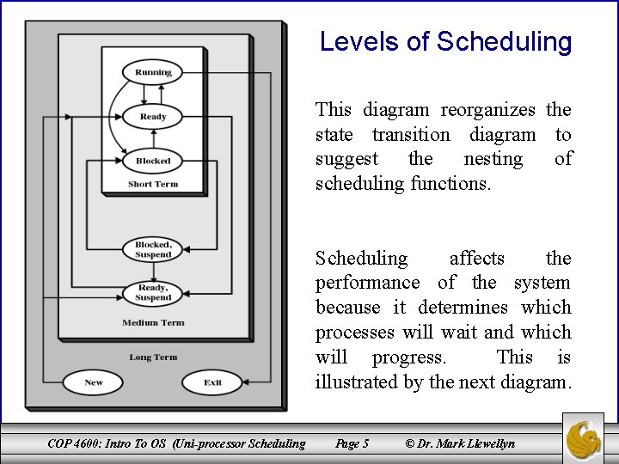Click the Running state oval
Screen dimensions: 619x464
[153, 72]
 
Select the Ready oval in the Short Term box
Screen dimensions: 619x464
[153, 116]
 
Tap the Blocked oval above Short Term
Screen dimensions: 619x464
[153, 161]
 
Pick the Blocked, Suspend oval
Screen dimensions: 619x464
[153, 249]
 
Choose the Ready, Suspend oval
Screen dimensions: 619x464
[153, 292]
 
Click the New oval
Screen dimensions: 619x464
[94, 382]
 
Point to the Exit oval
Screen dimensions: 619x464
[212, 382]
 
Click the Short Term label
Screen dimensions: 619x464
[153, 184]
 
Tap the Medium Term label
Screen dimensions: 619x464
[153, 323]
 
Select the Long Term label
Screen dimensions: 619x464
[153, 357]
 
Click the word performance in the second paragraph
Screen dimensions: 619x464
[367, 283]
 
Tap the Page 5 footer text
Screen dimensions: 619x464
[352, 443]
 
